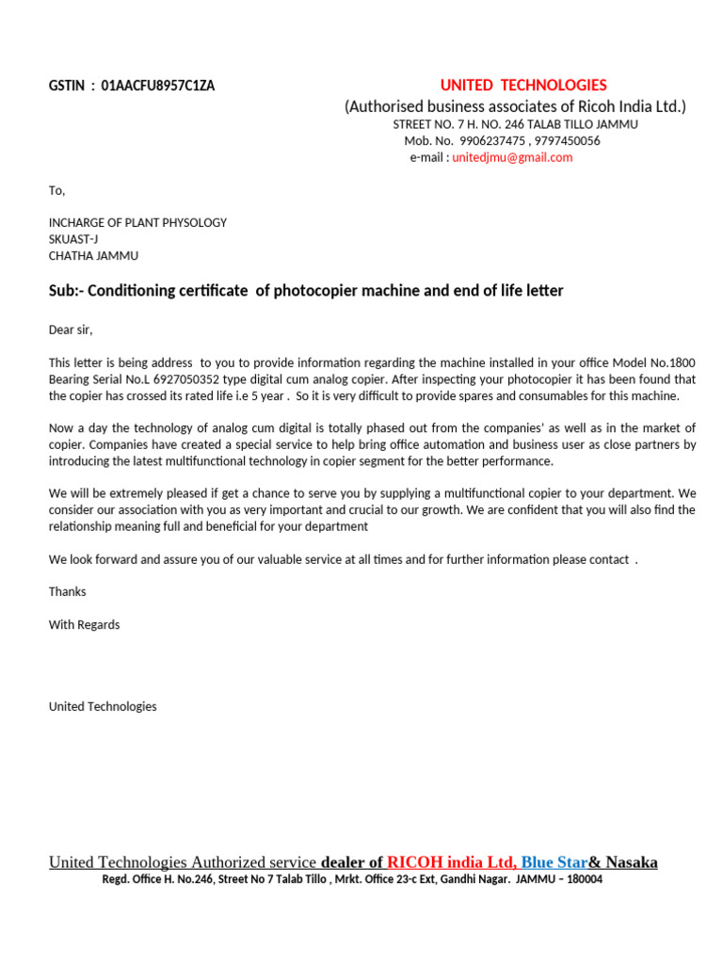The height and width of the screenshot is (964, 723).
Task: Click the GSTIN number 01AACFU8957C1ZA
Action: click(157, 86)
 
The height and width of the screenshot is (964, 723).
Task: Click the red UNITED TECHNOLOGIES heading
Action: click(523, 85)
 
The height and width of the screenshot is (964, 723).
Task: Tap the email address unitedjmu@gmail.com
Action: click(512, 157)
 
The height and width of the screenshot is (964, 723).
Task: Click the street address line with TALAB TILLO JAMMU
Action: click(515, 124)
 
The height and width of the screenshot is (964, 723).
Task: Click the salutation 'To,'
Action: click(56, 190)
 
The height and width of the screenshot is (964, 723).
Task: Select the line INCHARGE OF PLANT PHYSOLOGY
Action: click(137, 223)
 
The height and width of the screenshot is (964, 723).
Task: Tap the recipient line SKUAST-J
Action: click(73, 239)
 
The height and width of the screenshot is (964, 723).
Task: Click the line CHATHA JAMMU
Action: click(93, 255)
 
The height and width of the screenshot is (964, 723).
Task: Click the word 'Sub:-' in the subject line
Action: click(65, 291)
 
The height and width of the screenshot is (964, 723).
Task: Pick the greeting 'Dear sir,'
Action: click(71, 329)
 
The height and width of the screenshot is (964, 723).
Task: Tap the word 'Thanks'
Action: click(67, 591)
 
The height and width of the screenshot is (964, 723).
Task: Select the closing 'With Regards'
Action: click(84, 624)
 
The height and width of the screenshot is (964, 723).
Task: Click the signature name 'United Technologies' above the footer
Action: click(103, 706)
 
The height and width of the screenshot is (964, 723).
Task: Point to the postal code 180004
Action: click(581, 879)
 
